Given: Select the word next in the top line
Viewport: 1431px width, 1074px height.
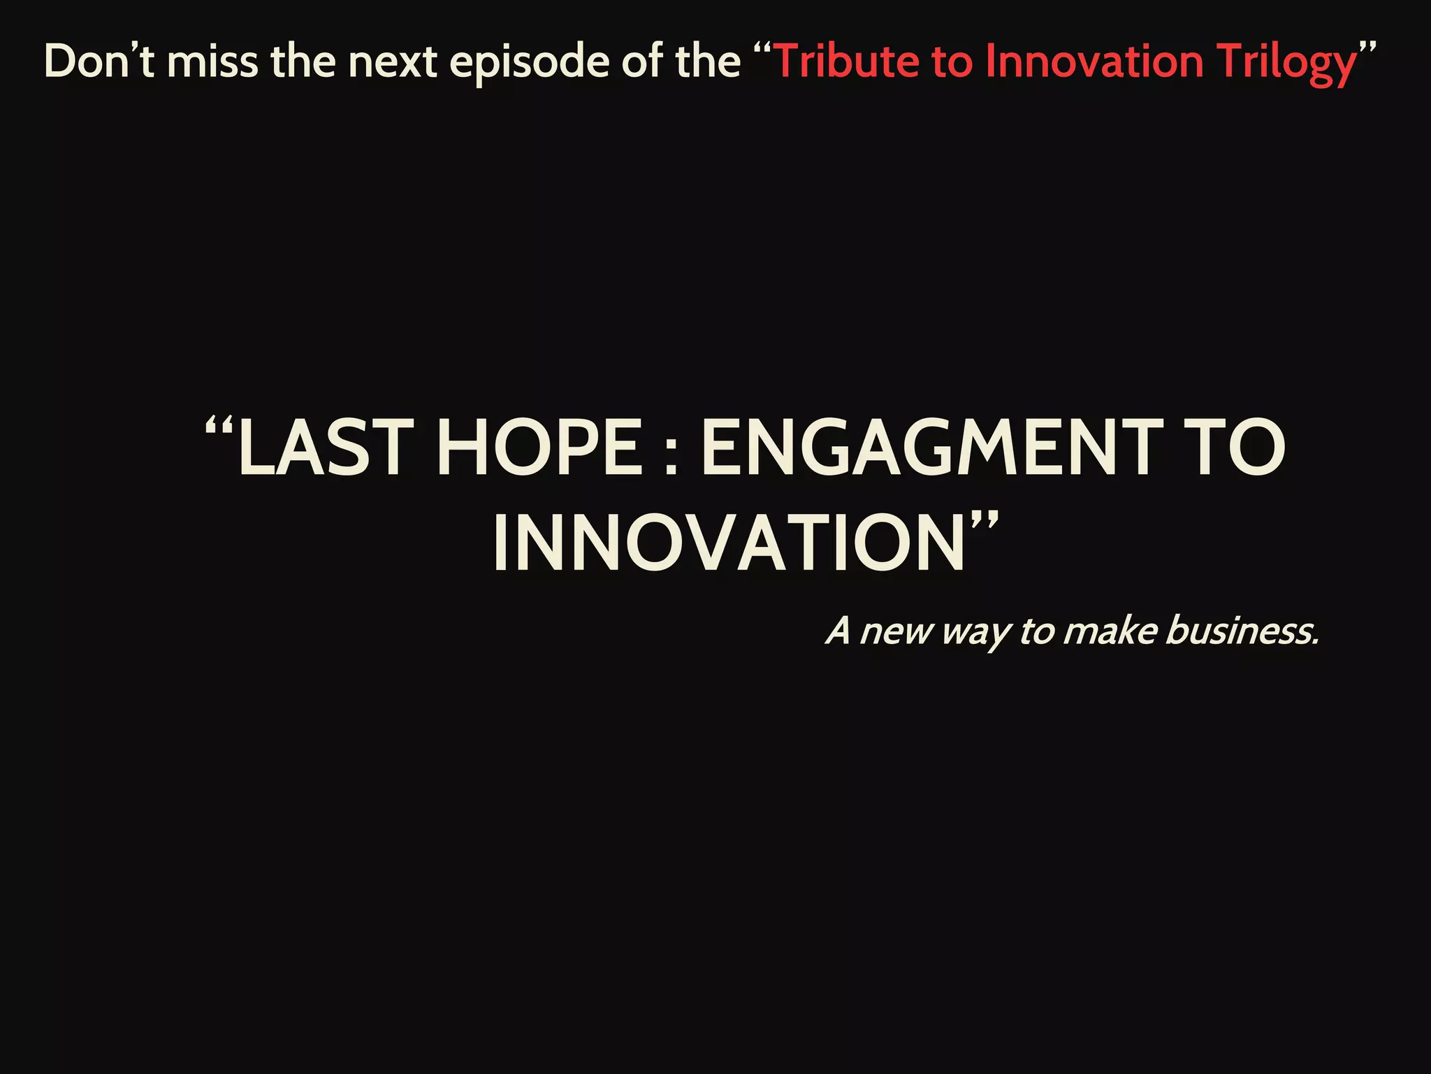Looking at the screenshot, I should click(393, 62).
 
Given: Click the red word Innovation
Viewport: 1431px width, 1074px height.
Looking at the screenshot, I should click(1094, 62).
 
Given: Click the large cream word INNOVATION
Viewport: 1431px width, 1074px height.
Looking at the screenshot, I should click(729, 544).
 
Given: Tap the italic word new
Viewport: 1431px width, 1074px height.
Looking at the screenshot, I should click(896, 632).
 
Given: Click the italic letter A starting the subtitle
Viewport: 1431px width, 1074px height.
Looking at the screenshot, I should click(838, 631).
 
